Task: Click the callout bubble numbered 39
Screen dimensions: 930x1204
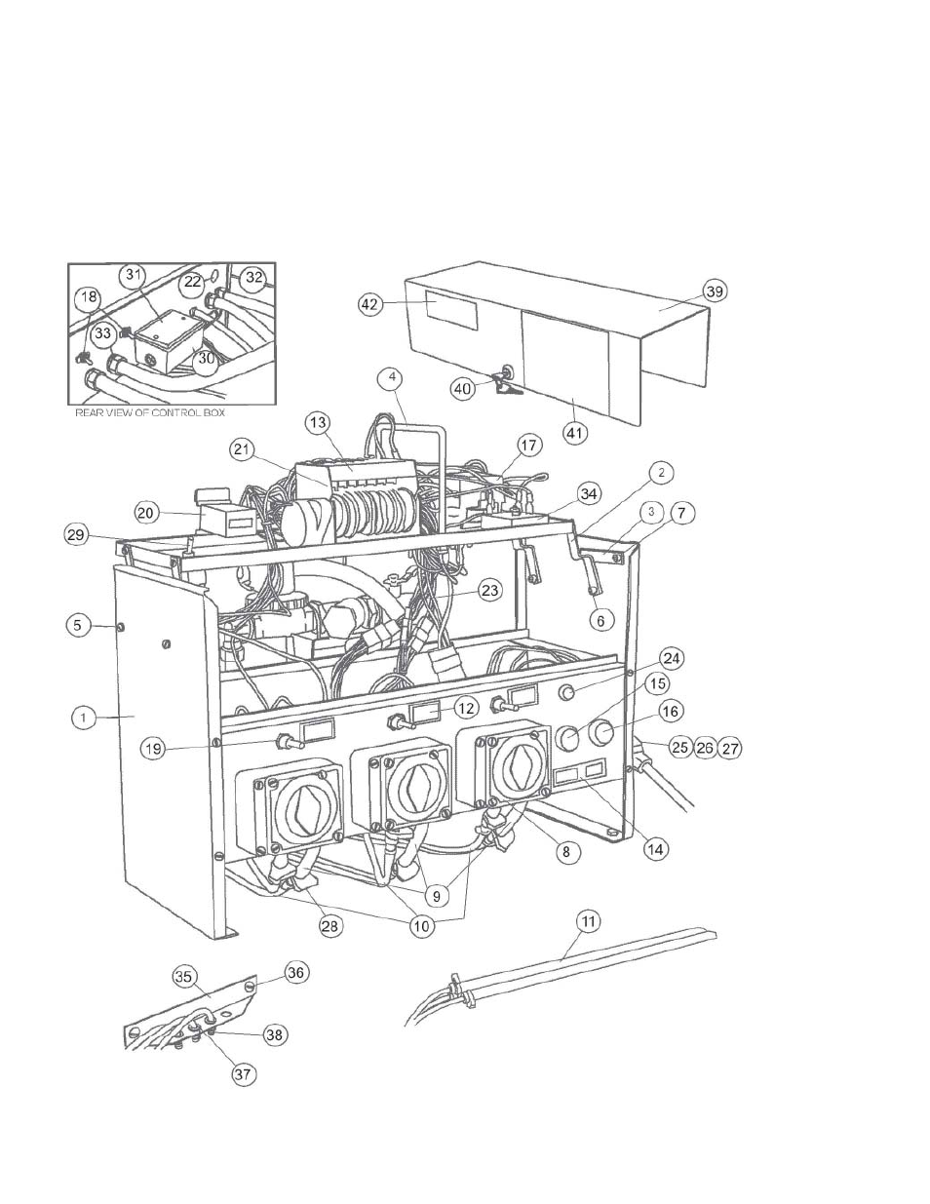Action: (x=715, y=291)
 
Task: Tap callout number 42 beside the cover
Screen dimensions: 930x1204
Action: (x=370, y=304)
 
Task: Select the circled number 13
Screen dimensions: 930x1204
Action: (x=318, y=423)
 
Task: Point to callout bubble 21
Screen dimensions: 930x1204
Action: (x=242, y=449)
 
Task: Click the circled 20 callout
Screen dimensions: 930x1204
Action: (x=145, y=513)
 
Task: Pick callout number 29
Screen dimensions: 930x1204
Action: (x=76, y=534)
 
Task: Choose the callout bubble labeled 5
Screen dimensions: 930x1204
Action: (x=78, y=625)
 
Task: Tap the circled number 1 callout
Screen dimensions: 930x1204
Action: (x=83, y=719)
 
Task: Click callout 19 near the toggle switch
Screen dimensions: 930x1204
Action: (x=153, y=749)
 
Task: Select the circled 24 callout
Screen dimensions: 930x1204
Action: (x=672, y=659)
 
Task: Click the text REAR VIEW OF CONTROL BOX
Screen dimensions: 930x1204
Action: (x=150, y=412)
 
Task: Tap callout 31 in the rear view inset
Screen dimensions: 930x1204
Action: (x=134, y=274)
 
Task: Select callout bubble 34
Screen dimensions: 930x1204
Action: (x=589, y=493)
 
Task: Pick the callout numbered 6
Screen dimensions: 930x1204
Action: (x=601, y=621)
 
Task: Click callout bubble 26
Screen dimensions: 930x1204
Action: (x=705, y=748)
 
